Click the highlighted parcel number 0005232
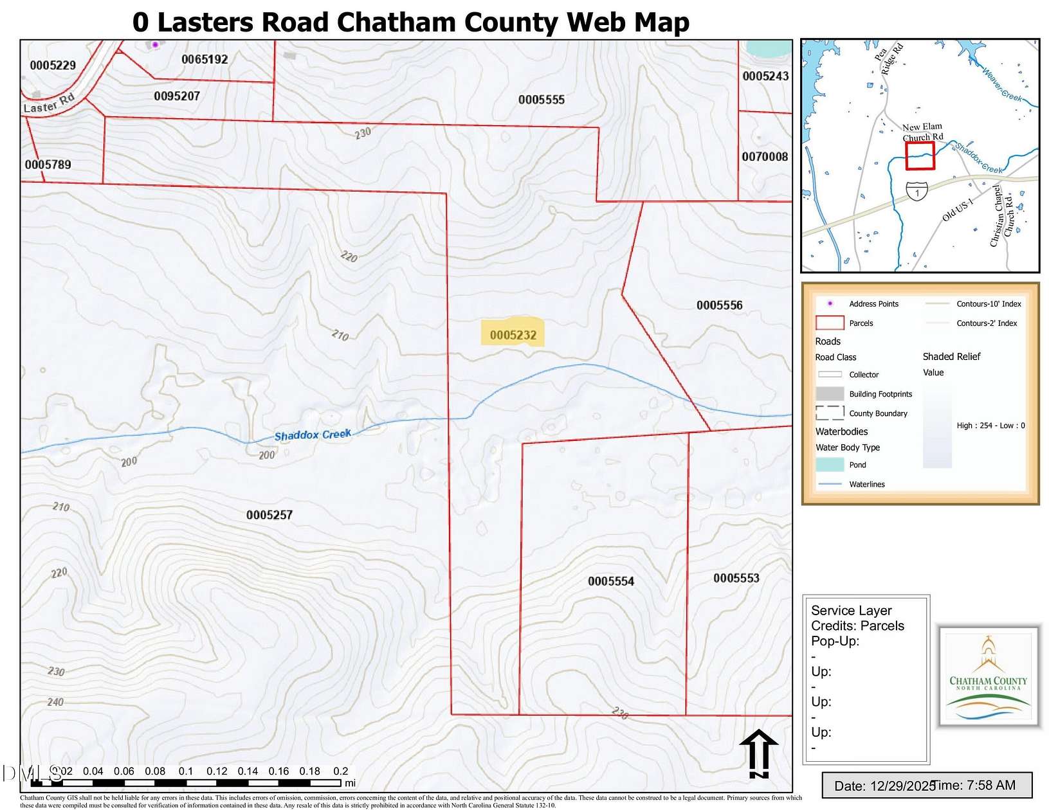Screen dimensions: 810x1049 point(513,334)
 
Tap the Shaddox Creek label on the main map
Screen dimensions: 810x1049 point(313,435)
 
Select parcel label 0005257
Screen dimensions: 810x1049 point(269,515)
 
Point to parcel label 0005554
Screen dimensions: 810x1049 point(610,581)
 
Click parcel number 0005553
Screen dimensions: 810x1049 point(736,578)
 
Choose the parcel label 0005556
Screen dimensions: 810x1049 point(719,305)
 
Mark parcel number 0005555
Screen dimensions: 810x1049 point(541,100)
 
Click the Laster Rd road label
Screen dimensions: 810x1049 point(49,104)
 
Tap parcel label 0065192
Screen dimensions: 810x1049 point(205,59)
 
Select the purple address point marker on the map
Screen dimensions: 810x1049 point(155,44)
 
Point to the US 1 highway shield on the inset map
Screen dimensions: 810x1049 point(917,191)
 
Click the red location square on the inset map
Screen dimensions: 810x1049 point(920,156)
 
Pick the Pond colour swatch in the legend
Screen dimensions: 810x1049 point(829,464)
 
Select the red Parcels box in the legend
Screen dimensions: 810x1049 point(829,323)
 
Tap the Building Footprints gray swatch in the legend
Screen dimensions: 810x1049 point(829,393)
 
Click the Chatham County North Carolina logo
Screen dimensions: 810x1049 point(988,677)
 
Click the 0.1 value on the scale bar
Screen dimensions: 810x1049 point(186,771)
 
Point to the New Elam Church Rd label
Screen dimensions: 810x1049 point(922,132)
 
